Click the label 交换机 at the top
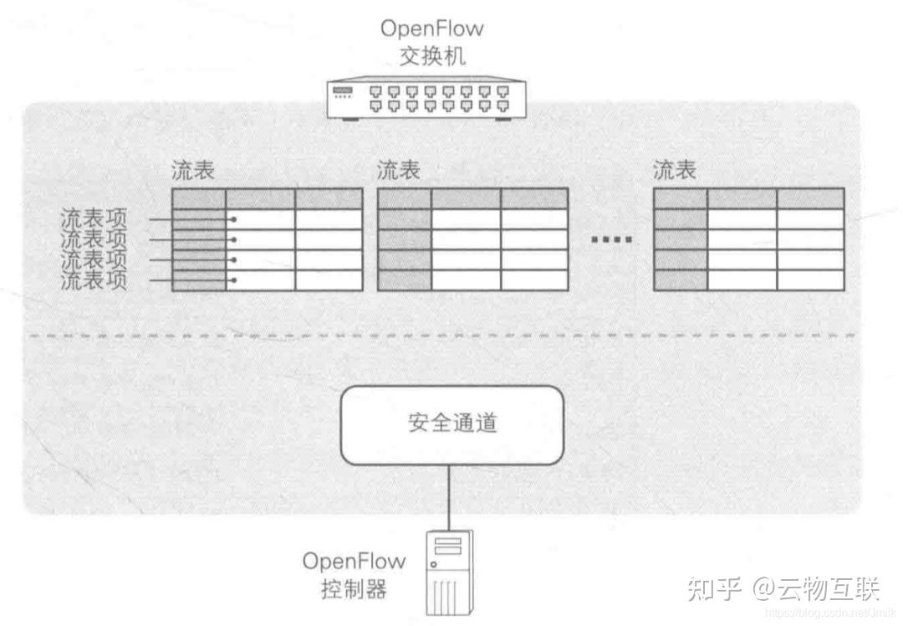[x=431, y=57]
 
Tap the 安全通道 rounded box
[x=452, y=423]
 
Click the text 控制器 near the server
[x=354, y=589]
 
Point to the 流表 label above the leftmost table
[x=193, y=171]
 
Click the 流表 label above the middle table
[x=398, y=171]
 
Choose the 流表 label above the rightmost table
[x=674, y=171]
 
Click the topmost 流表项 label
[x=94, y=219]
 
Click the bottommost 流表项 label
[x=94, y=280]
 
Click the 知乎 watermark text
[x=713, y=588]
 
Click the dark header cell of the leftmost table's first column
[x=199, y=198]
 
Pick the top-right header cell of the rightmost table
[x=809, y=198]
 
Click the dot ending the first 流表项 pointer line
[x=234, y=219]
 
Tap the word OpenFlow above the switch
[x=431, y=28]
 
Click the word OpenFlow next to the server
[x=354, y=560]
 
